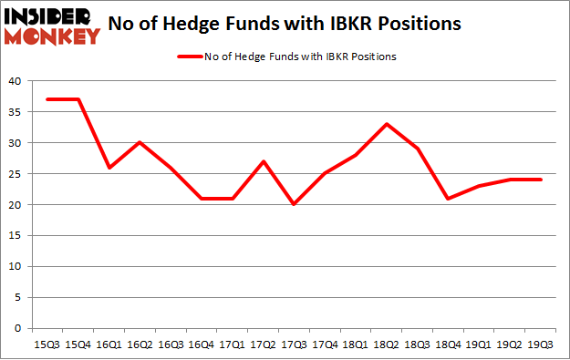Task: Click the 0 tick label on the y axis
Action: click(18, 328)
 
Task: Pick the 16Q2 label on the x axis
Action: click(139, 344)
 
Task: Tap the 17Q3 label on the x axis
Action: click(294, 344)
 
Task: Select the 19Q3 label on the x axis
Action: click(542, 344)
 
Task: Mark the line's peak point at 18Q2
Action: click(387, 124)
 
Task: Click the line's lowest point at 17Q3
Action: click(294, 204)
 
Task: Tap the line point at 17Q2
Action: click(263, 161)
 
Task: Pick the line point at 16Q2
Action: click(139, 143)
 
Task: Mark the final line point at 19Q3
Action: click(542, 180)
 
